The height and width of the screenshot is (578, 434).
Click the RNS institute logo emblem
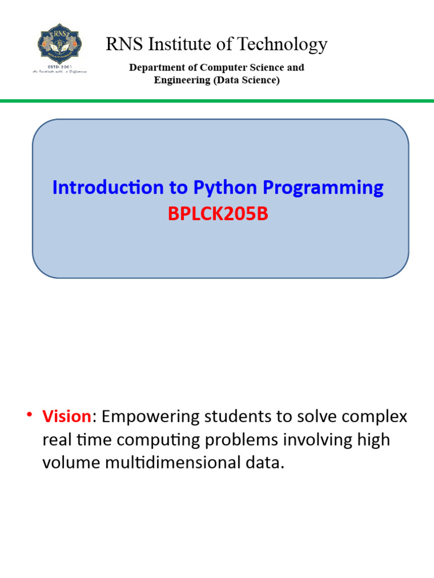pyautogui.click(x=62, y=45)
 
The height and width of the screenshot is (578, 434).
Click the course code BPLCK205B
pyautogui.click(x=218, y=214)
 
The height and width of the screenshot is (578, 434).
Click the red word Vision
pyautogui.click(x=67, y=417)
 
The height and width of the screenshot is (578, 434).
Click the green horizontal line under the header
pyautogui.click(x=217, y=101)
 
